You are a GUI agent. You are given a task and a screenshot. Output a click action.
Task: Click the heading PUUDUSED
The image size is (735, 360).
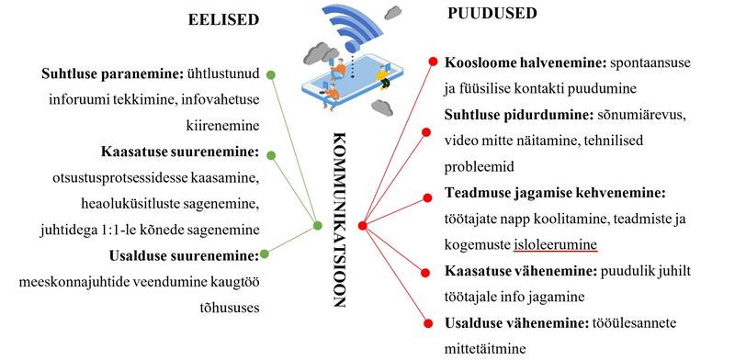click(x=492, y=13)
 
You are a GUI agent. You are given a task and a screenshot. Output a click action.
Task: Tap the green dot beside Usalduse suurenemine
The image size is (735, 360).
click(x=265, y=253)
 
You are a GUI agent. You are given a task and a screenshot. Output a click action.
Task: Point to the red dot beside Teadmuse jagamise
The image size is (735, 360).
click(x=428, y=196)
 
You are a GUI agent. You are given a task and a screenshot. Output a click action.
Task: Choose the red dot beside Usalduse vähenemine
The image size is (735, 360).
click(x=429, y=321)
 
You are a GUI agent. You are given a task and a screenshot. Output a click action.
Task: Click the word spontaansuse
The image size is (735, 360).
click(x=638, y=63)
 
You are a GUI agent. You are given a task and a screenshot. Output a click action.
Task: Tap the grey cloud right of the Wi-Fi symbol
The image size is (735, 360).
click(x=394, y=13)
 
